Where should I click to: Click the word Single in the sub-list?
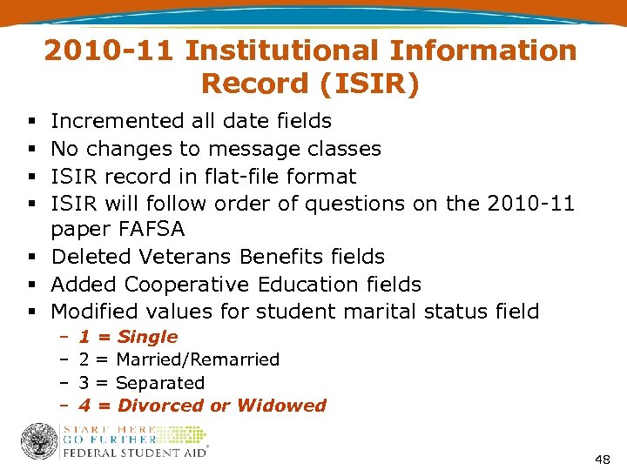147,337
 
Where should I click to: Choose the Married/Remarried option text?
198,359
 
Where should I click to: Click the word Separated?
160,383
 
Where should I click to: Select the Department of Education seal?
38,441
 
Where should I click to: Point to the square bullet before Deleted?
30,258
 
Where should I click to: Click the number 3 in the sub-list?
84,383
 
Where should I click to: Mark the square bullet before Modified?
30,312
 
